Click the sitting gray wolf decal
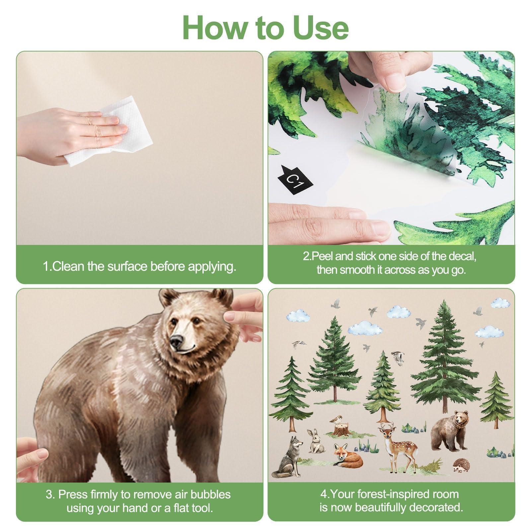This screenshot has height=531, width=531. coord(288,457)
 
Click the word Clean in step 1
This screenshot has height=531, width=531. coord(68,266)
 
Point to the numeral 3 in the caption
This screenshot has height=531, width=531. coord(49,494)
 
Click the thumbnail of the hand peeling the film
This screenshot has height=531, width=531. coord(391,148)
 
